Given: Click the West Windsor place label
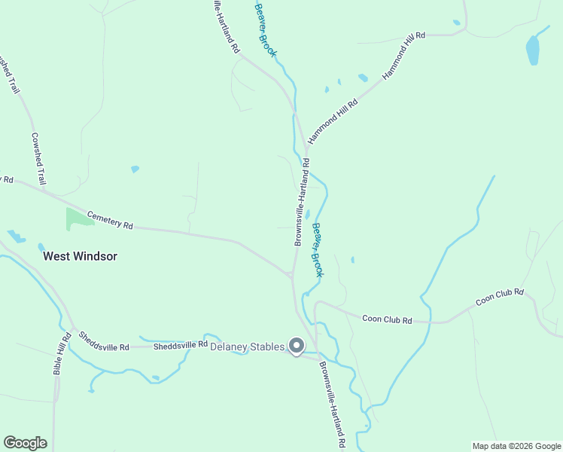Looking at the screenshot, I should pyautogui.click(x=80, y=256).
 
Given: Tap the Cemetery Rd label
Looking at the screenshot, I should pyautogui.click(x=110, y=220).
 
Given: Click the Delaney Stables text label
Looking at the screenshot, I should pyautogui.click(x=247, y=347).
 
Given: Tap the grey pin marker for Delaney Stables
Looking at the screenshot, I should pyautogui.click(x=297, y=346).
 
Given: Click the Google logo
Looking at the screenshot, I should pyautogui.click(x=25, y=443).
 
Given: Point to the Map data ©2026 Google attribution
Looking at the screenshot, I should pyautogui.click(x=516, y=446).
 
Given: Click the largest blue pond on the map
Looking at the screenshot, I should pyautogui.click(x=533, y=50).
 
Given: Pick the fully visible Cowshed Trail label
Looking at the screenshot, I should pyautogui.click(x=38, y=159).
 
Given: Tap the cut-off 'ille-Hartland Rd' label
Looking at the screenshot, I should pyautogui.click(x=225, y=26).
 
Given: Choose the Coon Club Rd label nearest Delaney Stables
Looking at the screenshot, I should pyautogui.click(x=387, y=320).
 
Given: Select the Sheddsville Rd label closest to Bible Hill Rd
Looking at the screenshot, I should pyautogui.click(x=104, y=341).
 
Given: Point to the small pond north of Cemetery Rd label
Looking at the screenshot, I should pyautogui.click(x=135, y=169).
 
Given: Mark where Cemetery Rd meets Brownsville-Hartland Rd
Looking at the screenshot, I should pyautogui.click(x=291, y=275).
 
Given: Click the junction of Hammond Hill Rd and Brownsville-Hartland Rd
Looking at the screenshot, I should pyautogui.click(x=306, y=147).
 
